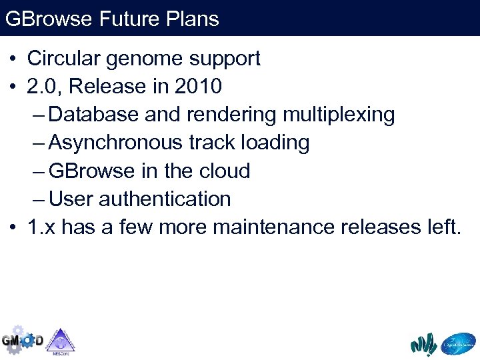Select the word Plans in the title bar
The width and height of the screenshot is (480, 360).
pyautogui.click(x=195, y=18)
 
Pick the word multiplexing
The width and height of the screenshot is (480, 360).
pyautogui.click(x=339, y=115)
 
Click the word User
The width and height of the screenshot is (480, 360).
pyautogui.click(x=71, y=199)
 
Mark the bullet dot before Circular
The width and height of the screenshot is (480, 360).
pyautogui.click(x=13, y=59)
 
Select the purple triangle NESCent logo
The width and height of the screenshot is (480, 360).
pyautogui.click(x=61, y=341)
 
